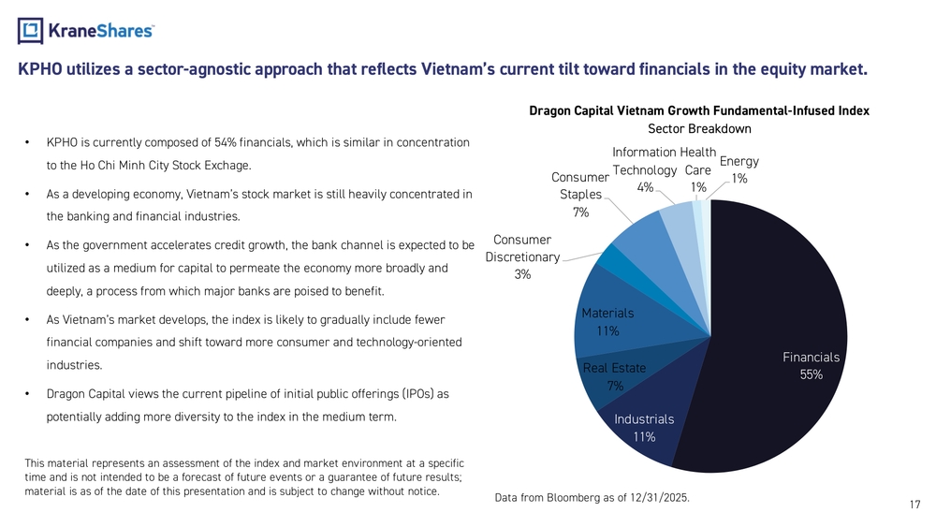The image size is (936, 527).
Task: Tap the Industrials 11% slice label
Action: click(644, 428)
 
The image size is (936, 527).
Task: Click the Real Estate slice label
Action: click(614, 376)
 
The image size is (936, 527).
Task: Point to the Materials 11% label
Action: click(607, 321)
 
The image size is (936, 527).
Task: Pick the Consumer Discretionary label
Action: click(523, 256)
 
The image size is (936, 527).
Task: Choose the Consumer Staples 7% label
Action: click(580, 195)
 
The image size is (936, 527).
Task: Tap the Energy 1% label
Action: click(739, 169)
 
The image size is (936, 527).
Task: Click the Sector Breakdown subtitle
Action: click(699, 128)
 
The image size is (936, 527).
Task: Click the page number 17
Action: click(914, 505)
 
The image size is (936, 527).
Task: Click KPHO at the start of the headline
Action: click(39, 69)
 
